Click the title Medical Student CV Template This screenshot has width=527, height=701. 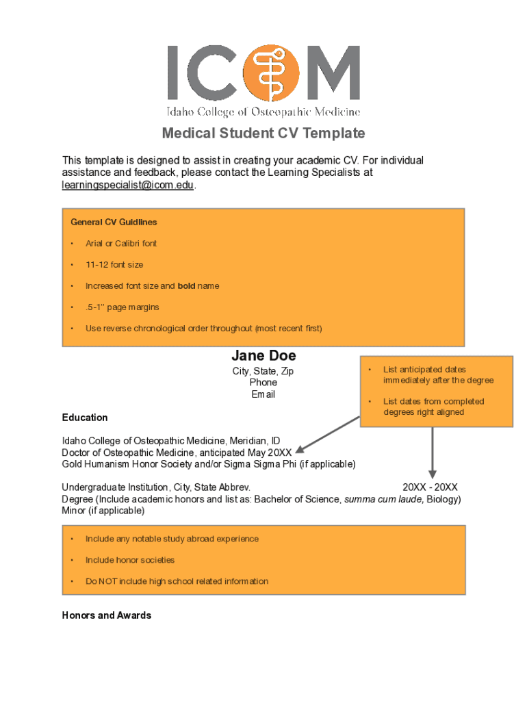(x=263, y=133)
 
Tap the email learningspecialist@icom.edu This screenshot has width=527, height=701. (x=128, y=186)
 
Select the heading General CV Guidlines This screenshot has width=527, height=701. (x=114, y=222)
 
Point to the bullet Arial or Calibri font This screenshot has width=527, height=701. (x=121, y=244)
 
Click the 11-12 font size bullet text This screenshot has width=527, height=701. (x=114, y=265)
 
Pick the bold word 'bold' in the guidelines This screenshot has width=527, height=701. (x=187, y=286)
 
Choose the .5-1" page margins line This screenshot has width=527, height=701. (x=123, y=307)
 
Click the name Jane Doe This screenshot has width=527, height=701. (x=263, y=356)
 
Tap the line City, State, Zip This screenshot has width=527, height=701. (x=263, y=372)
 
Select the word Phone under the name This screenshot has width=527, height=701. (x=263, y=383)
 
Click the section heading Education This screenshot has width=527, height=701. (x=85, y=418)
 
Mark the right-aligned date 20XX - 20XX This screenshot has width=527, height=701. (x=430, y=487)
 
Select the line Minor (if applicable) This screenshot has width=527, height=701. (x=103, y=511)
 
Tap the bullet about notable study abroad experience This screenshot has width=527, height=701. (x=172, y=539)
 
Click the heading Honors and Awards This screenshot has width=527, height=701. (x=107, y=615)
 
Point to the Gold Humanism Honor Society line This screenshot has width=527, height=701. (x=209, y=464)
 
